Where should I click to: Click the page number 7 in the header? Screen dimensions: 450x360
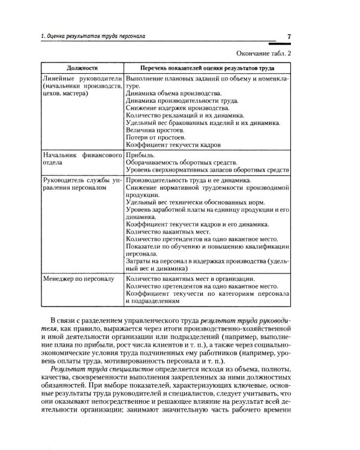click(289, 37)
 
